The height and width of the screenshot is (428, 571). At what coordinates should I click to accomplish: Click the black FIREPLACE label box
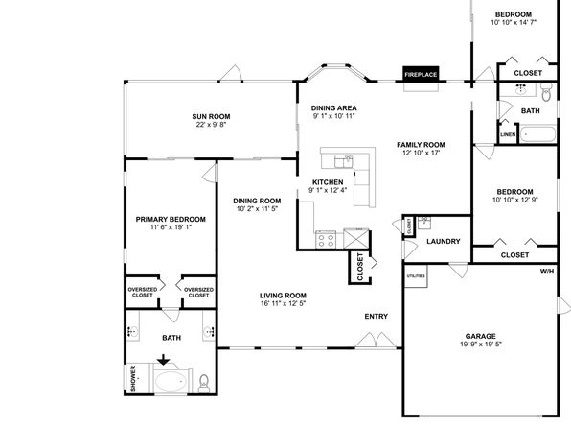point(421,74)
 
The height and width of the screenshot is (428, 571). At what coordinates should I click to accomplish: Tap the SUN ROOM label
point(211,117)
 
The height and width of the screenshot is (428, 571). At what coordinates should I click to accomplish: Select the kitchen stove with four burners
point(326,240)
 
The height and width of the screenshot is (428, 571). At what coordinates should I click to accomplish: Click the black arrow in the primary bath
point(164,360)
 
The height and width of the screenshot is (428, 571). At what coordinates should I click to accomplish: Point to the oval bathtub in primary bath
point(171,382)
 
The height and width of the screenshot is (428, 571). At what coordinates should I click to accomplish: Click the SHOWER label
point(133,378)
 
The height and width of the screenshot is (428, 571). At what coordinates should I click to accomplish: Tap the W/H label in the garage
point(547,272)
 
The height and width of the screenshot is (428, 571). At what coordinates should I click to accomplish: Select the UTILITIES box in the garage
point(416,276)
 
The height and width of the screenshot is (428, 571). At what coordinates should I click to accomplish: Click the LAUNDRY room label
point(444,241)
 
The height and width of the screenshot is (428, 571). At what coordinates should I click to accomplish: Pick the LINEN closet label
point(508,134)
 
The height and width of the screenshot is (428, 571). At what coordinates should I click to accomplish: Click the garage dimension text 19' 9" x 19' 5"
point(481,345)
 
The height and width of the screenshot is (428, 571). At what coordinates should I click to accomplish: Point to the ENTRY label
point(377,317)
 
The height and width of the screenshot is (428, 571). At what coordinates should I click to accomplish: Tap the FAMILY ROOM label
point(421,145)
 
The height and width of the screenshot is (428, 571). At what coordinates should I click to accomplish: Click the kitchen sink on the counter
point(344,160)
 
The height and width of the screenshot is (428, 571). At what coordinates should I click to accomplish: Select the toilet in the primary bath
point(204,383)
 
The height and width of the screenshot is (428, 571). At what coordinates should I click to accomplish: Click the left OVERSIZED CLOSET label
point(143,293)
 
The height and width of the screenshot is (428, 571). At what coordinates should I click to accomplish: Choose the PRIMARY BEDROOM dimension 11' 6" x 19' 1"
point(171,227)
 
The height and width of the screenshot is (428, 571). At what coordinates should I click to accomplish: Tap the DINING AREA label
point(334,108)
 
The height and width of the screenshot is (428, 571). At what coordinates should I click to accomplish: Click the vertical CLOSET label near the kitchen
point(360,267)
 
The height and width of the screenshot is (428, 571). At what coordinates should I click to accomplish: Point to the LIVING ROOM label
point(283,296)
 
